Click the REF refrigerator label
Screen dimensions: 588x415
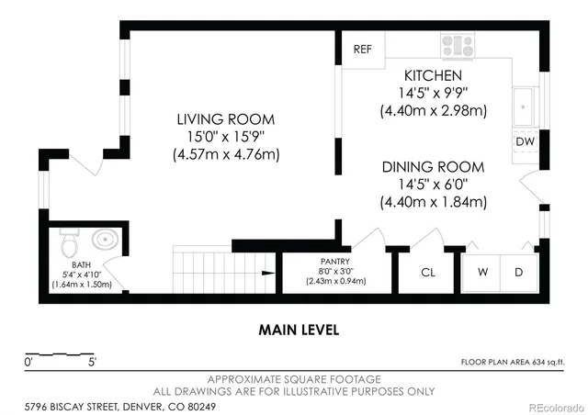(363, 49)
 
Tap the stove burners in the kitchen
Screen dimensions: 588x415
(458, 46)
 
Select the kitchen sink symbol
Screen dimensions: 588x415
(523, 107)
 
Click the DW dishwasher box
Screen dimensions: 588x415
(525, 141)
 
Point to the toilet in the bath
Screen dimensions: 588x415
(70, 243)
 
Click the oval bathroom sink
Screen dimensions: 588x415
(106, 240)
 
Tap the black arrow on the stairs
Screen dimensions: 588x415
(268, 273)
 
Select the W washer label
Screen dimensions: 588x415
(482, 272)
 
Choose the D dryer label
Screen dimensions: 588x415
(518, 272)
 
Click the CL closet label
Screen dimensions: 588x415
(428, 272)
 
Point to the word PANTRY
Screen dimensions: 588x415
(334, 262)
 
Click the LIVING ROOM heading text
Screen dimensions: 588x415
(226, 119)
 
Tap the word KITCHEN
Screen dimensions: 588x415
(433, 75)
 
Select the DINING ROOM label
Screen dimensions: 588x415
(433, 167)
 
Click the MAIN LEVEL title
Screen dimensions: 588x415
(299, 330)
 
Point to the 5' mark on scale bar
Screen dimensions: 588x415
(92, 362)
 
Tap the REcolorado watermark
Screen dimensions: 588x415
(557, 407)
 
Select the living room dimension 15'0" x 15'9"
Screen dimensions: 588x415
(226, 137)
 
